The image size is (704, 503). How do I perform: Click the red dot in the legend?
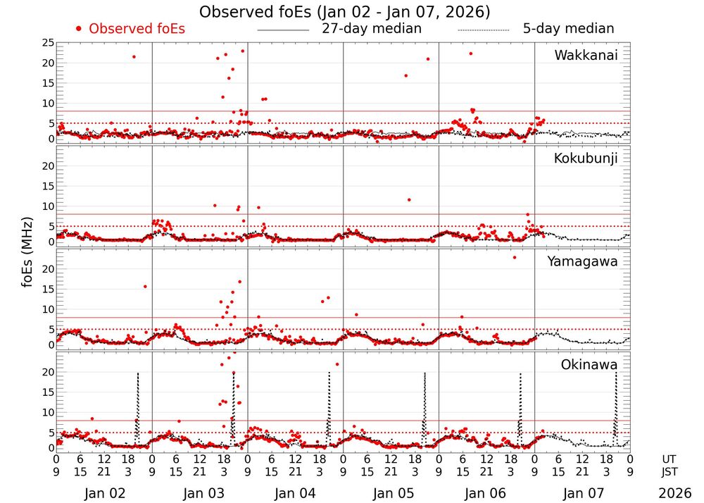pyautogui.click(x=79, y=29)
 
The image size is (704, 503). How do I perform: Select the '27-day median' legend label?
pyautogui.click(x=372, y=29)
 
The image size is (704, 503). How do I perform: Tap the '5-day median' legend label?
pyautogui.click(x=568, y=29)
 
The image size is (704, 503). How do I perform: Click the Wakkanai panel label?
pyautogui.click(x=586, y=55)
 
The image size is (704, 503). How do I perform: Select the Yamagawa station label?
pyautogui.click(x=582, y=261)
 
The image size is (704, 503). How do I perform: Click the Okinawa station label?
pyautogui.click(x=589, y=365)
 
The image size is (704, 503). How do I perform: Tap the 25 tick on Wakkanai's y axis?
pyautogui.click(x=47, y=43)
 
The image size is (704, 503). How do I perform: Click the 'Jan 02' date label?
pyautogui.click(x=104, y=494)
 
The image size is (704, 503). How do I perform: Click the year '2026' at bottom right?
pyautogui.click(x=675, y=494)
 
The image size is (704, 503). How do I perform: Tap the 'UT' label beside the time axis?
pyautogui.click(x=669, y=459)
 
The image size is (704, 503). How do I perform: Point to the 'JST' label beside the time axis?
pyautogui.click(x=669, y=471)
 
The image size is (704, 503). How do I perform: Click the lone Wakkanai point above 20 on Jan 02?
pyautogui.click(x=134, y=56)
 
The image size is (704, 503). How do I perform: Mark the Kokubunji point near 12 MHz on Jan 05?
pyautogui.click(x=408, y=199)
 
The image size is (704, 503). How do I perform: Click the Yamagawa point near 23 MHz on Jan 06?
pyautogui.click(x=515, y=257)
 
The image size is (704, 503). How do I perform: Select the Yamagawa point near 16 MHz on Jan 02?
pyautogui.click(x=145, y=286)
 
